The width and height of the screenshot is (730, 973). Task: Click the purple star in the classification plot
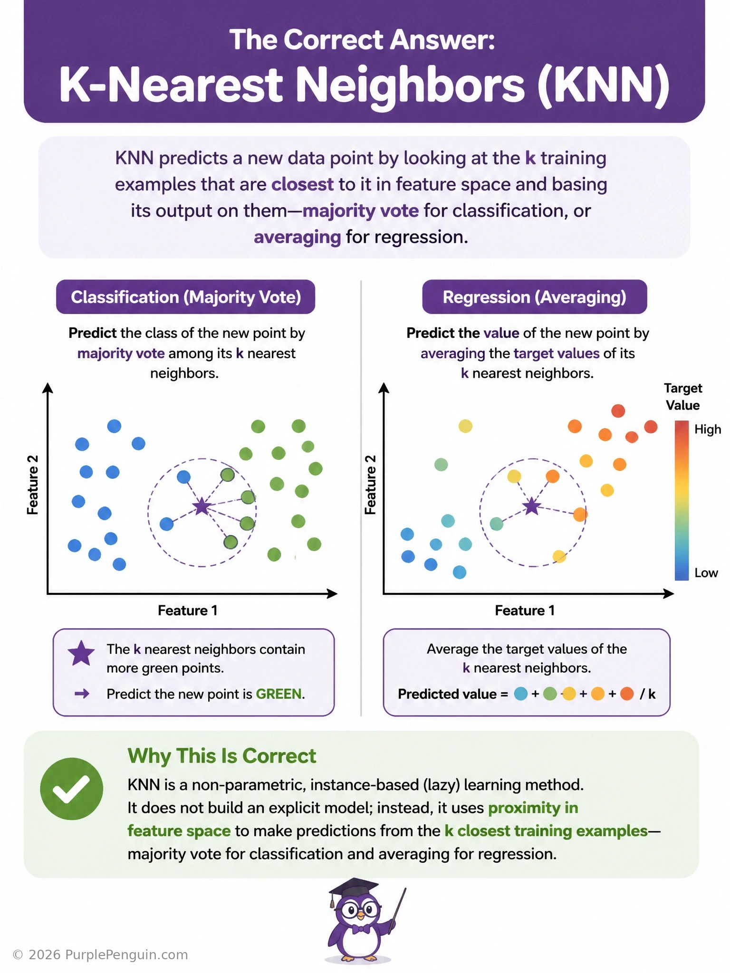tap(202, 506)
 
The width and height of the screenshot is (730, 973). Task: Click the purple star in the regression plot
tap(532, 506)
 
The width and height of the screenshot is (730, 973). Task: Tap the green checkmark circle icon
tap(71, 789)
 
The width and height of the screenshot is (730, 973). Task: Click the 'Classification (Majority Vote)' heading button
tap(185, 297)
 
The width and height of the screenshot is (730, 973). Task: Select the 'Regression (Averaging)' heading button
tap(535, 297)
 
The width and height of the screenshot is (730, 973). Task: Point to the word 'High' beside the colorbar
tap(708, 429)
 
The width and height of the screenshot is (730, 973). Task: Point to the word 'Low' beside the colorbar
tap(706, 573)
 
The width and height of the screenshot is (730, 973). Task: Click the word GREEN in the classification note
tap(279, 694)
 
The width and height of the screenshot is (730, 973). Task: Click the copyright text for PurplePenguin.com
tap(100, 955)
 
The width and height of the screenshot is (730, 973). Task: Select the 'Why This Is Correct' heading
tap(221, 756)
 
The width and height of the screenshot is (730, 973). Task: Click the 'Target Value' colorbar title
tap(683, 397)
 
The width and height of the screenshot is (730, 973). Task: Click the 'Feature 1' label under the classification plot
tap(188, 611)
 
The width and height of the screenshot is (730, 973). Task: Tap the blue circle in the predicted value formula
tap(521, 694)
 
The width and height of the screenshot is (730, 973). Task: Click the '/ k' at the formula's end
tap(648, 694)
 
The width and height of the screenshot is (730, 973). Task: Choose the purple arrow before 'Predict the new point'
tap(82, 694)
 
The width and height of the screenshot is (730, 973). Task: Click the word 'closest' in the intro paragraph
tap(302, 184)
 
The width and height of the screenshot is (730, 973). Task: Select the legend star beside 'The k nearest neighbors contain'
tap(81, 653)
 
